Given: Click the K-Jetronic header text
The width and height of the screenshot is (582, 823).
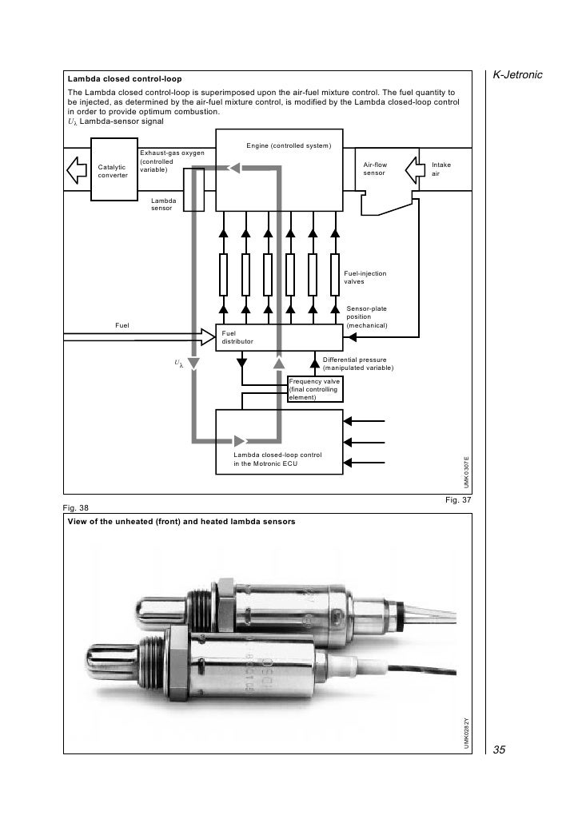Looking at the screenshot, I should click(517, 74).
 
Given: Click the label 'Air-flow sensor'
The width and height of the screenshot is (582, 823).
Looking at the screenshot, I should click(375, 169).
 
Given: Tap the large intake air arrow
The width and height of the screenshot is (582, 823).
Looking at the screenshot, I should click(417, 169).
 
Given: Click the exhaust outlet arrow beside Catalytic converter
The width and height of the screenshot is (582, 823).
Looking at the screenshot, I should click(78, 169).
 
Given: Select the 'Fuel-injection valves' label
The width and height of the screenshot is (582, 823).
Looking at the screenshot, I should click(365, 278).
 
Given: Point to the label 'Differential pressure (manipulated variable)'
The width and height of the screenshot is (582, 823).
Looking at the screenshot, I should click(357, 364).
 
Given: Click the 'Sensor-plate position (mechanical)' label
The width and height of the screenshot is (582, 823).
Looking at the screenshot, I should click(367, 317).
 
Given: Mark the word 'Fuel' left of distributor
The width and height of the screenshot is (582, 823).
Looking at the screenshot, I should click(122, 325).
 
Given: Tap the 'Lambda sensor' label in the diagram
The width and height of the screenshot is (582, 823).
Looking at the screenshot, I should click(164, 205).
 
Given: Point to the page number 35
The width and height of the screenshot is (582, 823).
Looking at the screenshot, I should click(500, 749).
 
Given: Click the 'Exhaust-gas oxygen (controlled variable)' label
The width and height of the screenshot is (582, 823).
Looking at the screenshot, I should click(171, 161).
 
